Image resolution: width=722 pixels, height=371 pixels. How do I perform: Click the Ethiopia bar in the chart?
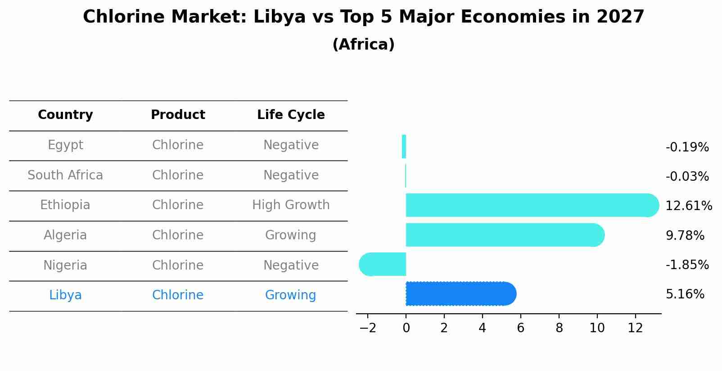(531, 205)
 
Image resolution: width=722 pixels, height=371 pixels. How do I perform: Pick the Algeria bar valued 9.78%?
(504, 235)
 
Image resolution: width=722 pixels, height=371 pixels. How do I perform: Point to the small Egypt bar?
(404, 147)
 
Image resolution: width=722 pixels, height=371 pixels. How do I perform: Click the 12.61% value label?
(688, 206)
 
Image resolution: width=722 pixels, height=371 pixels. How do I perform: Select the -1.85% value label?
(687, 265)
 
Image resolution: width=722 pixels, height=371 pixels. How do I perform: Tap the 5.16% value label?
(685, 294)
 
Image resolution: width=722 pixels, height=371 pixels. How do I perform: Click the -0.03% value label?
(687, 177)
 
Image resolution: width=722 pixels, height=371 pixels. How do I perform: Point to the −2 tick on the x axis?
(368, 328)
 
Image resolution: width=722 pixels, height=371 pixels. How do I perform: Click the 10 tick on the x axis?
(597, 328)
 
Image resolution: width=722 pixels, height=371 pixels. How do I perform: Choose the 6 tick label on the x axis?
(521, 328)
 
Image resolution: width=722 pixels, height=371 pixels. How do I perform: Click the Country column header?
(65, 115)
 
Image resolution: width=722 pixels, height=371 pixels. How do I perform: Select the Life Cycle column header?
(291, 115)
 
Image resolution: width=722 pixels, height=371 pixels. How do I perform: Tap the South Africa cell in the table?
(65, 175)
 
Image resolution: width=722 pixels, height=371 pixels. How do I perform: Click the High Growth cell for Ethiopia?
(291, 205)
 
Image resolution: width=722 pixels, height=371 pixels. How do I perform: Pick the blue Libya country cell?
(65, 295)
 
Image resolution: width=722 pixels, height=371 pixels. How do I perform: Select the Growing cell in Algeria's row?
(290, 235)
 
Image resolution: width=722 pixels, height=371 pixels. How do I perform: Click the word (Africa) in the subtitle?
(363, 45)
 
